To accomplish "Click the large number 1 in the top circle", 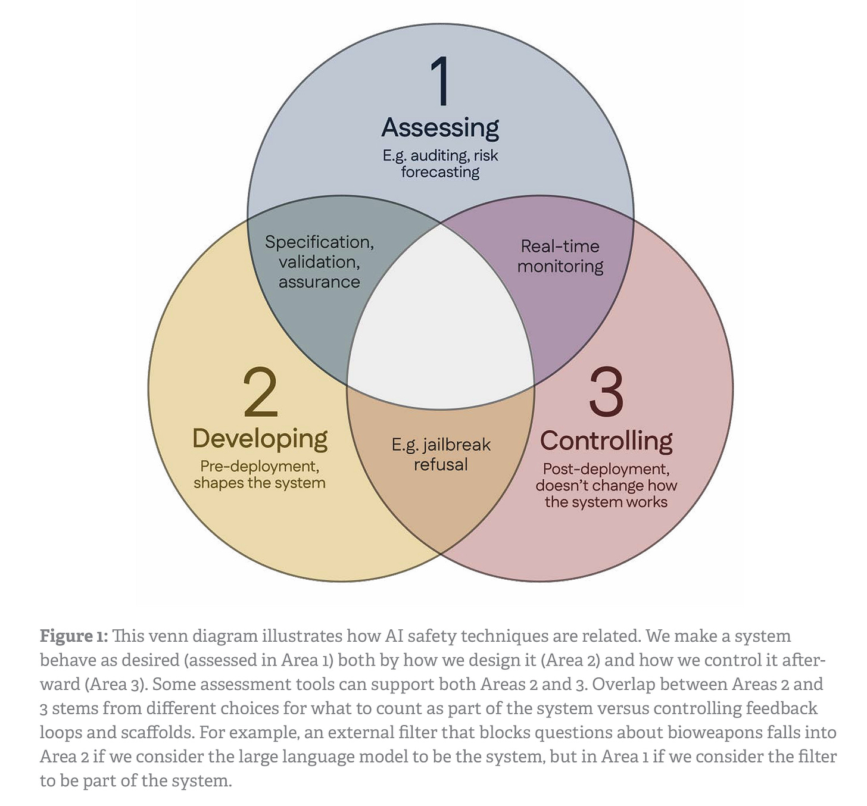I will (x=441, y=81).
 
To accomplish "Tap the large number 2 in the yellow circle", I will (x=261, y=392).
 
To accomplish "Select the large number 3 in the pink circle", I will (x=606, y=392).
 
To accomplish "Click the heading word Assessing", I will (x=440, y=127).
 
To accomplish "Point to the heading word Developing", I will (x=260, y=439).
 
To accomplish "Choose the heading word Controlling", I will (x=606, y=441).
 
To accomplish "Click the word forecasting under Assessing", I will (x=440, y=172).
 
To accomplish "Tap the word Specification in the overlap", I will (x=319, y=242).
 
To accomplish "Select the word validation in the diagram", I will (x=319, y=262).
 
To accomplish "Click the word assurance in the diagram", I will (x=319, y=282).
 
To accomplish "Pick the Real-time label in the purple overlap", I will (x=560, y=246).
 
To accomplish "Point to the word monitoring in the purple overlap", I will (x=560, y=266).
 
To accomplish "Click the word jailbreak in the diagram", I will (x=457, y=445).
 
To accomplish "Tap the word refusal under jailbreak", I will (x=441, y=464).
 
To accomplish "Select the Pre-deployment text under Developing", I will (x=260, y=466).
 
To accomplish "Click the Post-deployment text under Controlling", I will (x=606, y=469).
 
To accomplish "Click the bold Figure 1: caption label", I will (x=74, y=636).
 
